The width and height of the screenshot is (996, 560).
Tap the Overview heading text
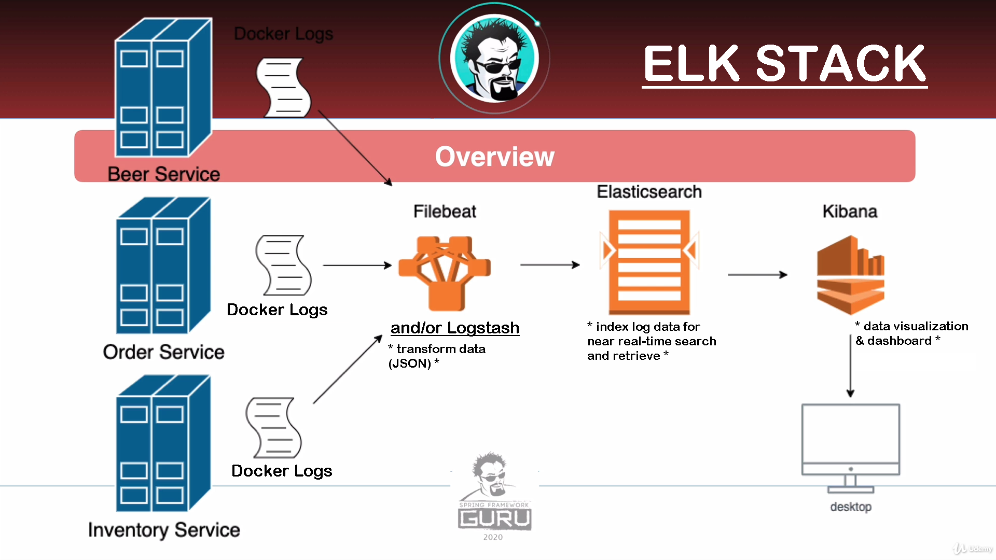pyautogui.click(x=494, y=157)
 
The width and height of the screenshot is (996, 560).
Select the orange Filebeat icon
pyautogui.click(x=445, y=272)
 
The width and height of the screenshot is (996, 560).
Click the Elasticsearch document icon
pyautogui.click(x=649, y=262)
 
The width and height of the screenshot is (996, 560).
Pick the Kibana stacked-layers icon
pyautogui.click(x=850, y=275)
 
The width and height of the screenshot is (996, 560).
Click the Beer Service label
pyautogui.click(x=163, y=174)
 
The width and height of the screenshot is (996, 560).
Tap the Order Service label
pyautogui.click(x=163, y=352)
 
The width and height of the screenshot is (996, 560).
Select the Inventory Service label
pyautogui.click(x=164, y=530)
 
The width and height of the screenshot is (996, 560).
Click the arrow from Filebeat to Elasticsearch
pyautogui.click(x=550, y=265)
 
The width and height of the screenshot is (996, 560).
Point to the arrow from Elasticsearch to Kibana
pyautogui.click(x=757, y=274)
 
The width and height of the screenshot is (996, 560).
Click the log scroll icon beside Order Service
pyautogui.click(x=283, y=265)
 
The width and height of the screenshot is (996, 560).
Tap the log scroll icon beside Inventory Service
pyautogui.click(x=273, y=427)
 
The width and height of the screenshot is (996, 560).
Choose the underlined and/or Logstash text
pyautogui.click(x=454, y=328)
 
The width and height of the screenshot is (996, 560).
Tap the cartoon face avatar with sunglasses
pyautogui.click(x=494, y=58)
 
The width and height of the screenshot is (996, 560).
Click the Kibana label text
pyautogui.click(x=850, y=212)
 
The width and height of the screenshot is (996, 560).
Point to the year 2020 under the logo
pyautogui.click(x=493, y=537)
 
